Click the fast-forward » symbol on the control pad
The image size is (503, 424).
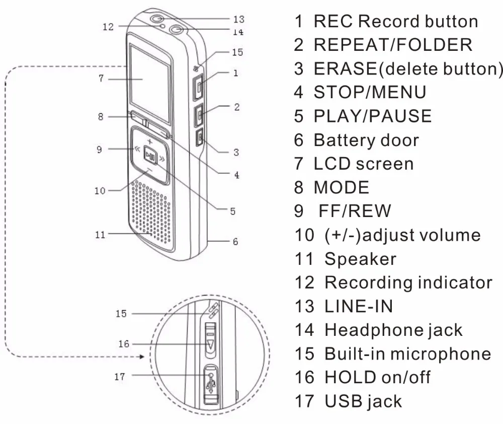[162, 159]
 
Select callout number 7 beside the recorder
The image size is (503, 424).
[101, 79]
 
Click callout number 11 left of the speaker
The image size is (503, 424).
[101, 234]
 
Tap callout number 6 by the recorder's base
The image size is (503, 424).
[235, 242]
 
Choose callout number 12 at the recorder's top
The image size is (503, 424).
[108, 27]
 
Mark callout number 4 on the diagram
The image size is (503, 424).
[236, 175]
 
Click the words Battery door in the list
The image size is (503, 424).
[366, 140]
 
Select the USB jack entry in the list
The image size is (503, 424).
[363, 401]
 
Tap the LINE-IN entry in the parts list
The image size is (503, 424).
[358, 306]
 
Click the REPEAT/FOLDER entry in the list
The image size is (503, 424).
[393, 45]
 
